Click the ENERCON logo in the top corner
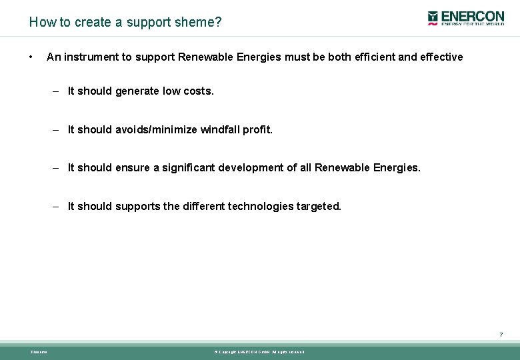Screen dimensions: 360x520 point(466,18)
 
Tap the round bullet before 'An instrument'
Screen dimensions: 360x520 point(31,57)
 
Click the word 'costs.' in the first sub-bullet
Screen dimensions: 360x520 point(199,91)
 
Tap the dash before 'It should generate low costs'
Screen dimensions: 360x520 point(57,91)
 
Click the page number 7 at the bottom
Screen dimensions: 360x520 point(501,335)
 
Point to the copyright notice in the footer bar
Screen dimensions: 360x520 point(259,352)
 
